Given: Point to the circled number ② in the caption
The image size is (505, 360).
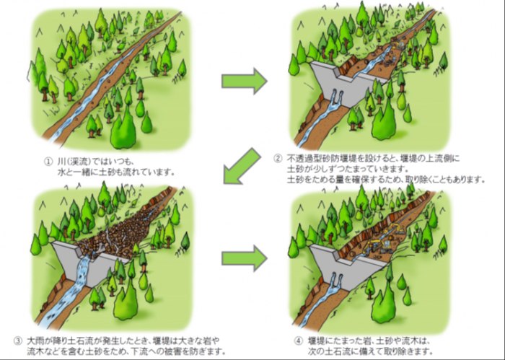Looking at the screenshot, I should point(276,158).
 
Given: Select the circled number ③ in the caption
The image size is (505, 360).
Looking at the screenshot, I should point(18,339).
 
